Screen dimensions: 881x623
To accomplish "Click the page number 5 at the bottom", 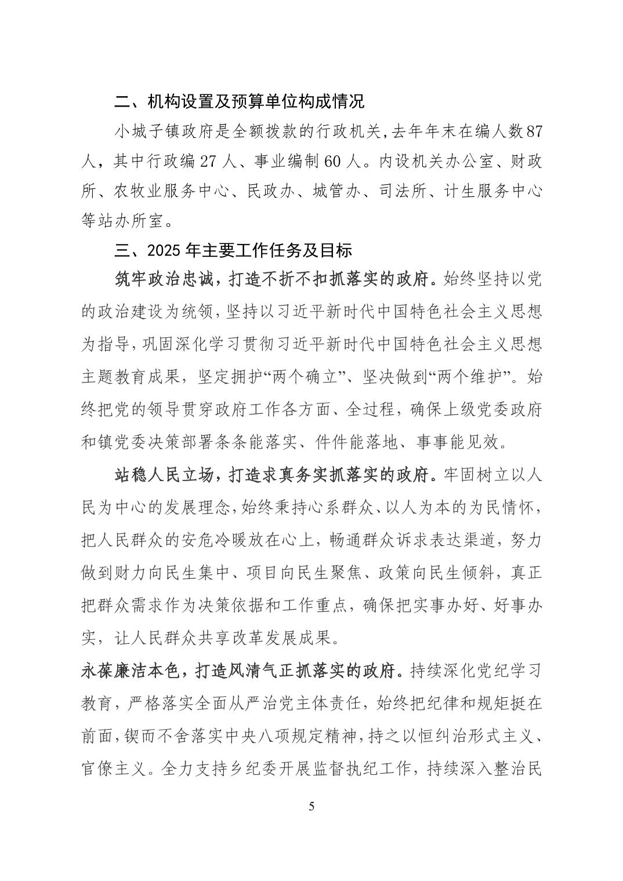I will [x=311, y=806].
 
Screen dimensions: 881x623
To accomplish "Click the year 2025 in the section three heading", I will [x=165, y=251].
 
